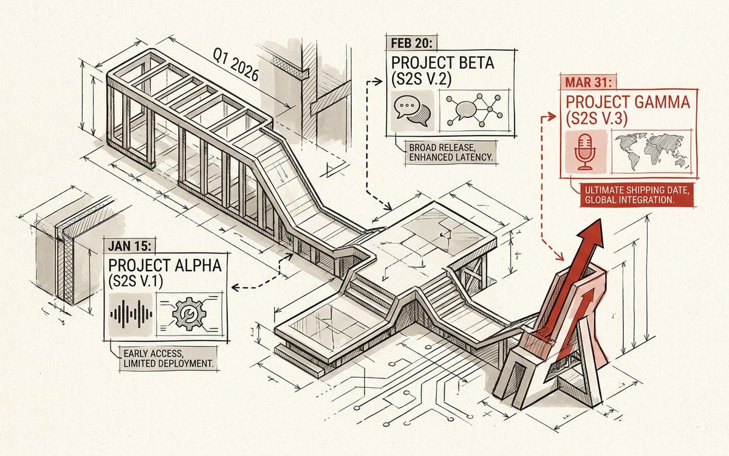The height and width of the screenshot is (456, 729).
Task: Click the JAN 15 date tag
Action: click(x=130, y=246)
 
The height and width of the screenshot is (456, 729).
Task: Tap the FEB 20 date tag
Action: click(x=411, y=43)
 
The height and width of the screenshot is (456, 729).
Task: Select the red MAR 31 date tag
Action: click(x=588, y=82)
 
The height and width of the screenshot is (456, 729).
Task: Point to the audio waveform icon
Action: click(x=131, y=314)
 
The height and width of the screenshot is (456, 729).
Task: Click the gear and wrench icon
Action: click(x=189, y=314)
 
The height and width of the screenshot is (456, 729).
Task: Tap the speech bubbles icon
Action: click(x=412, y=111)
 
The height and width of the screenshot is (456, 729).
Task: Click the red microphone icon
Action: click(x=585, y=152)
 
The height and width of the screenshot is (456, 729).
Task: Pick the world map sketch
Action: click(x=651, y=152)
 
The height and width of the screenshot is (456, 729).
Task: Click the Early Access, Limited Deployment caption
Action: click(x=168, y=359)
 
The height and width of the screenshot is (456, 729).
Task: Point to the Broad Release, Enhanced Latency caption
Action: click(x=451, y=153)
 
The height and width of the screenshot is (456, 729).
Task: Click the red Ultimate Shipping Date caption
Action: click(x=637, y=195)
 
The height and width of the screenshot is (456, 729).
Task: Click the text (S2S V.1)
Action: click(x=135, y=281)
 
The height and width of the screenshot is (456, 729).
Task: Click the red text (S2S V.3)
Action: click(x=596, y=118)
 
